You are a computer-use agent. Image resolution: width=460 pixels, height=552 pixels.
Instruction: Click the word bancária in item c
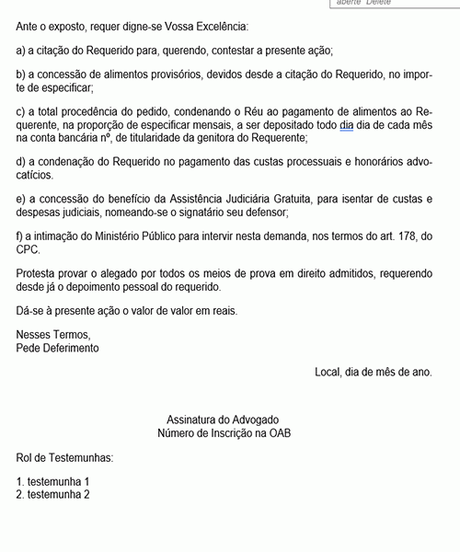click(x=86, y=137)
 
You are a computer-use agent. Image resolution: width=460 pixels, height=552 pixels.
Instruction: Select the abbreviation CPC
click(x=29, y=248)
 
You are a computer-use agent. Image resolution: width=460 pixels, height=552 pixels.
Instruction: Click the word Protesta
click(x=39, y=272)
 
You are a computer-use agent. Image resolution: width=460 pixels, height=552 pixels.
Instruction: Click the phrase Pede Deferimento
click(x=58, y=349)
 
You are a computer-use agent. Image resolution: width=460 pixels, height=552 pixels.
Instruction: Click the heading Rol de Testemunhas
click(x=64, y=457)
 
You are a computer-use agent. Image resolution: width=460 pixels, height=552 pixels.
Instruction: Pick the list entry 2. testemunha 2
click(x=53, y=495)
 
